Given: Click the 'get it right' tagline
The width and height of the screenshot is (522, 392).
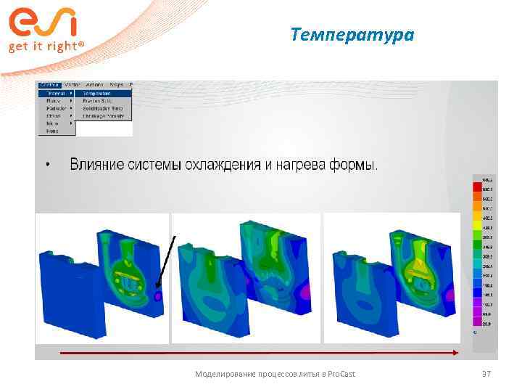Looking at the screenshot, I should tap(46, 46).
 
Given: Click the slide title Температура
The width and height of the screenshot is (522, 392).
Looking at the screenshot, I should tap(352, 34).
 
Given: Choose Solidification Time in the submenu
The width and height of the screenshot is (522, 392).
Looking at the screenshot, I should tap(104, 108).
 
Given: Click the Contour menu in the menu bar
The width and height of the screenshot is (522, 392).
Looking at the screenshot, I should tap(49, 84).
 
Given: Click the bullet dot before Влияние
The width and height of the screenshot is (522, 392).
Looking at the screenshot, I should tap(48, 165).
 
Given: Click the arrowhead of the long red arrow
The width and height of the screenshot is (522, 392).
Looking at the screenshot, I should tap(455, 353).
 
